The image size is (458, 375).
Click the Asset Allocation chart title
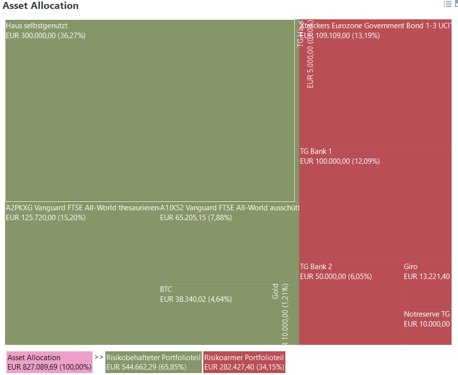[41, 6]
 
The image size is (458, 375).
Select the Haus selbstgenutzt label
[37, 25]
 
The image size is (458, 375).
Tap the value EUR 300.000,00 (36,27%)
[46, 36]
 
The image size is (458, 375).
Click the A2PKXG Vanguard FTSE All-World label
[82, 207]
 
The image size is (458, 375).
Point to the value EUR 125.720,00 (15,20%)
[46, 218]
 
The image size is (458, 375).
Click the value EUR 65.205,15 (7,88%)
[196, 218]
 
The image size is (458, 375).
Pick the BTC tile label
[166, 289]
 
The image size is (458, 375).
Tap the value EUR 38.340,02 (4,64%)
[196, 299]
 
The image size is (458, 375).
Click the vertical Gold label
[275, 291]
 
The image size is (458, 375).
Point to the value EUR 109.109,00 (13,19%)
[340, 36]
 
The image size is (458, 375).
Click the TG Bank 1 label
[316, 151]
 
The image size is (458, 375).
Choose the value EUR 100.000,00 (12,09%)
[340, 161]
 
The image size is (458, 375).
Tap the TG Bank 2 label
[316, 266]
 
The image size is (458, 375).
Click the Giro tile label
[411, 266]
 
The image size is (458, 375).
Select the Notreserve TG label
[427, 314]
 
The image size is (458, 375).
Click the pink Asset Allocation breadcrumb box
[49, 362]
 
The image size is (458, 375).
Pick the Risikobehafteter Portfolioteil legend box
[153, 362]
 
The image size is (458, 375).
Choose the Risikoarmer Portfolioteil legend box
[244, 362]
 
